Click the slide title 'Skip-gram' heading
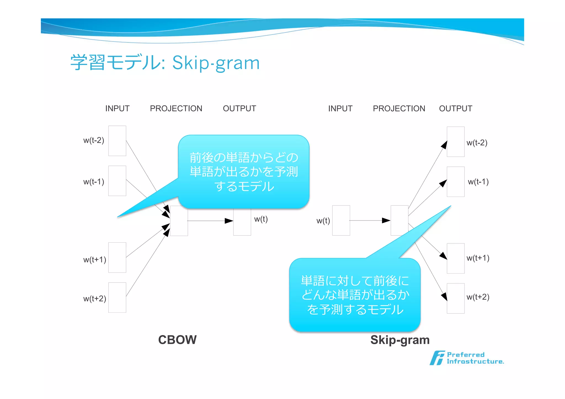(x=165, y=63)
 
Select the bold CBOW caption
(x=177, y=340)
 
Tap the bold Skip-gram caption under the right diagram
(x=400, y=340)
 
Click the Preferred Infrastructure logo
(x=467, y=358)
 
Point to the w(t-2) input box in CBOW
(x=117, y=141)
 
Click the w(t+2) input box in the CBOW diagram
(x=117, y=297)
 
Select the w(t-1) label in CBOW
(x=94, y=182)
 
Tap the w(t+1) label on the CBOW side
(x=95, y=259)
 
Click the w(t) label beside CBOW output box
(x=261, y=219)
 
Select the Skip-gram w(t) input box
(x=341, y=220)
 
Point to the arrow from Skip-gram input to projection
(x=370, y=220)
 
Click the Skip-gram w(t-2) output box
(x=455, y=142)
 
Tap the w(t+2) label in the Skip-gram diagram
(x=478, y=297)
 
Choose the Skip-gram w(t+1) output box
(x=455, y=258)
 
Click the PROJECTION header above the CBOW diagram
(x=176, y=108)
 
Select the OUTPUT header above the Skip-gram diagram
(x=455, y=108)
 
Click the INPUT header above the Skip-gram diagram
(x=340, y=108)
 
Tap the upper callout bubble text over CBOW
(x=244, y=172)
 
